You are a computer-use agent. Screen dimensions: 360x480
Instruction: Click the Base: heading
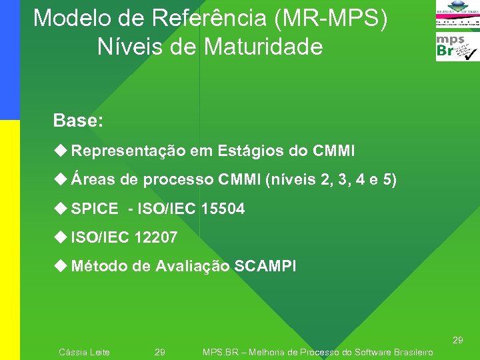coord(78,121)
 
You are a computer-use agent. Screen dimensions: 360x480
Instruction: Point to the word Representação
coord(128,151)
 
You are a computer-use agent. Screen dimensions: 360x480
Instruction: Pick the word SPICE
coord(94,209)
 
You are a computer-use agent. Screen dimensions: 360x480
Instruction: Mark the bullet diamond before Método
coord(61,266)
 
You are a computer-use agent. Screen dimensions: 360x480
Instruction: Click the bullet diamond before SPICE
coord(61,209)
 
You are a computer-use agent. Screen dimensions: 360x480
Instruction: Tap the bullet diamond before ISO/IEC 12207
coord(61,237)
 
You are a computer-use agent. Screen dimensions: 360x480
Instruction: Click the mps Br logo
coord(457,47)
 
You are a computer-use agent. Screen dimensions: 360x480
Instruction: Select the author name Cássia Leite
coord(84,352)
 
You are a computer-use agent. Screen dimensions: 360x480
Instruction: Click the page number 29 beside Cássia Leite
coord(160,352)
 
